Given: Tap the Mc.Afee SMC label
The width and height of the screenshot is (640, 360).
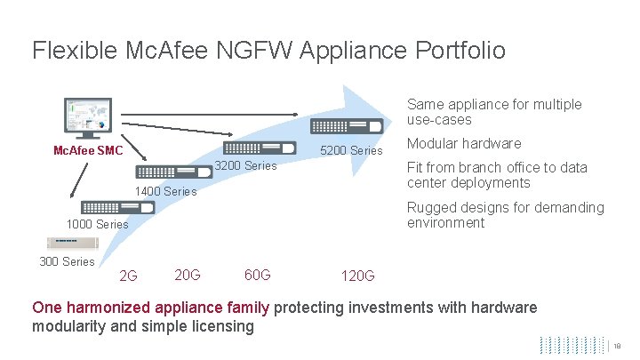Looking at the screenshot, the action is pyautogui.click(x=88, y=150).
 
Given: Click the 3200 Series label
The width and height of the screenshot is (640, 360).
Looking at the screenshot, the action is pyautogui.click(x=247, y=166).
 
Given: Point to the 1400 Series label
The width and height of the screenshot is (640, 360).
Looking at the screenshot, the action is pyautogui.click(x=165, y=191).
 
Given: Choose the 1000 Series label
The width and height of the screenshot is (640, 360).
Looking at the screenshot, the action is pyautogui.click(x=98, y=224).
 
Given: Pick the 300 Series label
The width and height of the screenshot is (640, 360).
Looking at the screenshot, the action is pyautogui.click(x=67, y=261).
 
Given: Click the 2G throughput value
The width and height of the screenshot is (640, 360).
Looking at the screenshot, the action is pyautogui.click(x=128, y=276).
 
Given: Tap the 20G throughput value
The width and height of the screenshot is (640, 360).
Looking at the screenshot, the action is pyautogui.click(x=188, y=274).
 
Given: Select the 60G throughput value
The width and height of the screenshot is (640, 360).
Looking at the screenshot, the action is pyautogui.click(x=258, y=274).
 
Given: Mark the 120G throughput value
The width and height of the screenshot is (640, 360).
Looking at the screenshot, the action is pyautogui.click(x=358, y=276).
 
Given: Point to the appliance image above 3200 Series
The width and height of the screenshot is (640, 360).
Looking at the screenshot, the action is pyautogui.click(x=260, y=148).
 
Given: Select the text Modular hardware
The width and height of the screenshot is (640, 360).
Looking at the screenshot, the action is pyautogui.click(x=464, y=144).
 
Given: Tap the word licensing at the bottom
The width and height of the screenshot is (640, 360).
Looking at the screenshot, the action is pyautogui.click(x=223, y=326).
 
